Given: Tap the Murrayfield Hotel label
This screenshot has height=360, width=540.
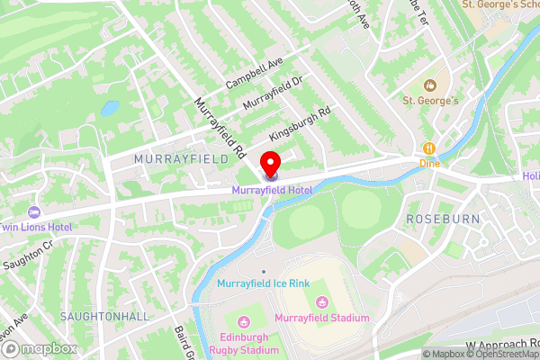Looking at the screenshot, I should coord(271,190).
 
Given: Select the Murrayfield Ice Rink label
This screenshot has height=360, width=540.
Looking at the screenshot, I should coord(263,283).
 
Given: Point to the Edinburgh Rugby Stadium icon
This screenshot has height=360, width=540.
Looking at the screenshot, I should coord(242,323).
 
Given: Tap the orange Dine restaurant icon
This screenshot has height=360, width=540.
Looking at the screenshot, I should coord(429,148).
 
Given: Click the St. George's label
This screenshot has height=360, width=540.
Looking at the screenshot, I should coord(430,100).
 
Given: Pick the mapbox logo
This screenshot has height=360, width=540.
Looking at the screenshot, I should coord(38,347).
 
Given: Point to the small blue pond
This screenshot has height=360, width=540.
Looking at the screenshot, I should coord(109,108).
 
